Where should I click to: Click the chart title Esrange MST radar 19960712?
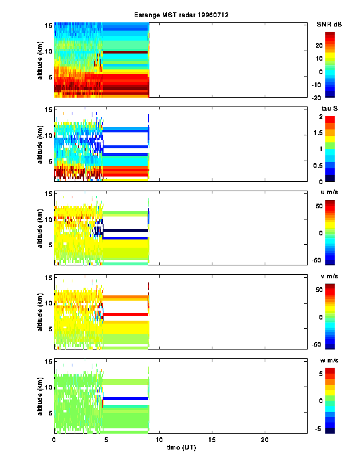click(180, 15)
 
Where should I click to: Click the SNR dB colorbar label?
click(329, 24)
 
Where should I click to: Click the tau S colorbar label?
click(329, 109)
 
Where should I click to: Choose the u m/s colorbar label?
click(329, 194)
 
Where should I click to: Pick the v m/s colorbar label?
click(329, 278)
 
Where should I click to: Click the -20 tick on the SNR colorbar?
click(316, 98)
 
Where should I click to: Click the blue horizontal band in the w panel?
click(125, 399)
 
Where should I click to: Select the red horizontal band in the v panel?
click(125, 315)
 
